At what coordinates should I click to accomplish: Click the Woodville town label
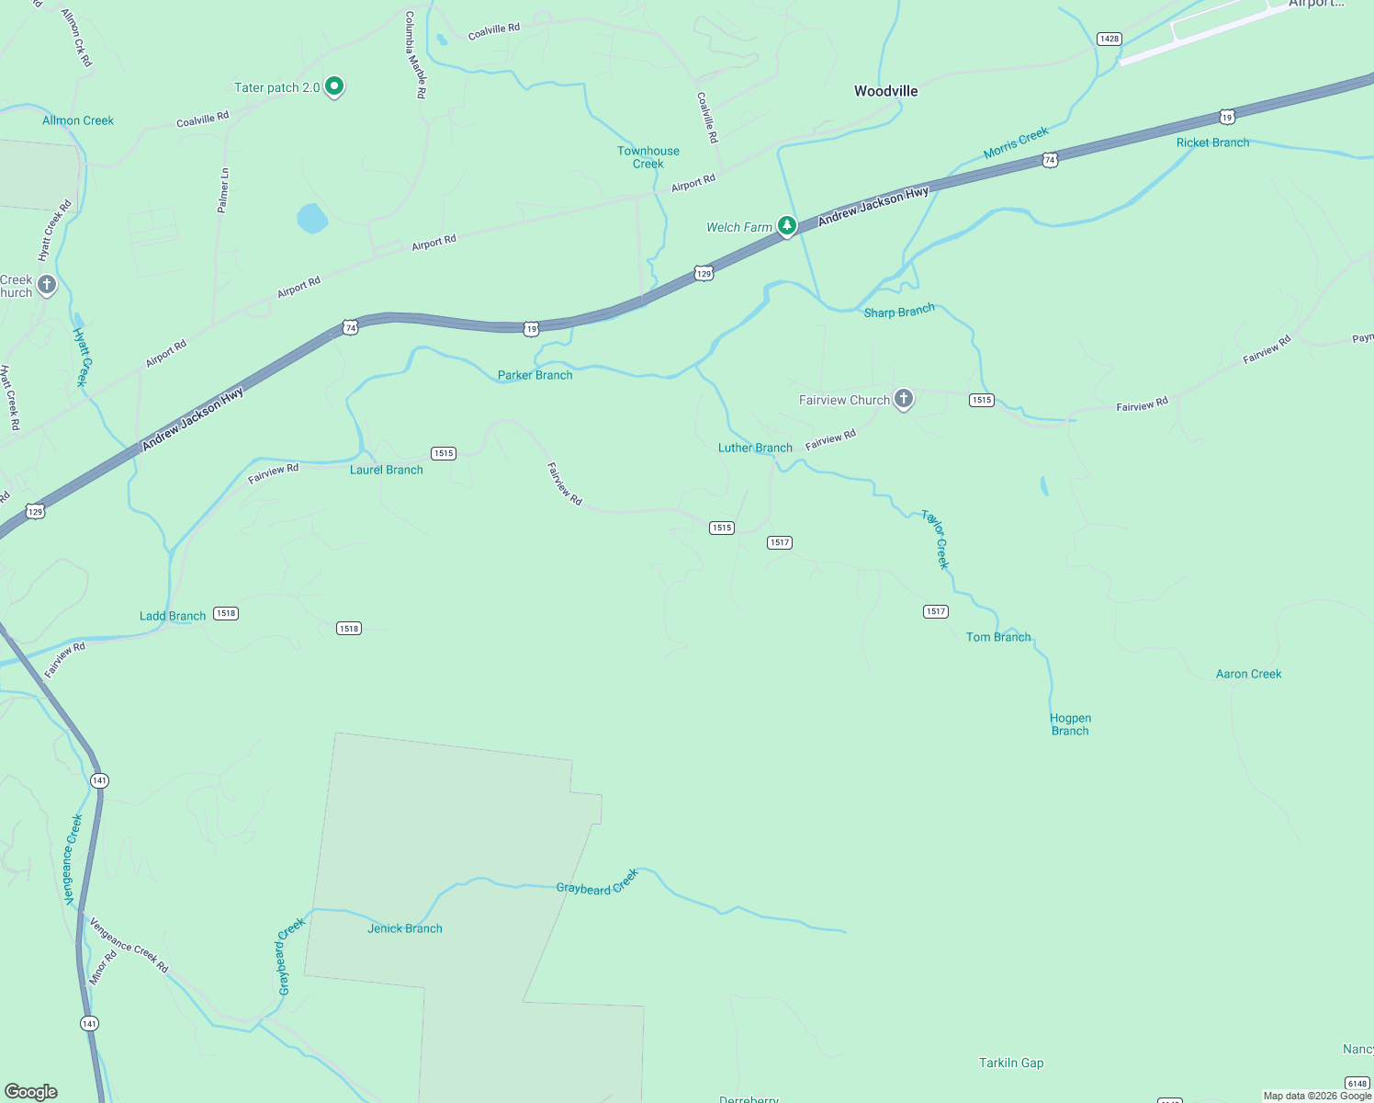[x=885, y=91]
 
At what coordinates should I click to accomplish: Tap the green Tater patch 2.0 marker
[x=334, y=86]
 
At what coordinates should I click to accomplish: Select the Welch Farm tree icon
[x=787, y=225]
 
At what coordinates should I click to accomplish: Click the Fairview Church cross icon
[x=904, y=399]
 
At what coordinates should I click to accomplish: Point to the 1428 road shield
[x=1109, y=39]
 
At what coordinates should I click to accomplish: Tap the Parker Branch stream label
[x=535, y=375]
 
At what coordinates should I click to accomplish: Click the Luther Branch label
[x=755, y=448]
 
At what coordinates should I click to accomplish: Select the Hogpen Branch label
[x=1070, y=724]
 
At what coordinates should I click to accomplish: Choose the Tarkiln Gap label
[x=1011, y=1063]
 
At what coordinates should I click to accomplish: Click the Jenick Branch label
[x=405, y=928]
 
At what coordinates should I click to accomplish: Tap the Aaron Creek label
[x=1248, y=674]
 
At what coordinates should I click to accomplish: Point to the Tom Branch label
[x=998, y=637]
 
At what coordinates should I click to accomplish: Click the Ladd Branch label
[x=173, y=616]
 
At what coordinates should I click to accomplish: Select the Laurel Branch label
[x=387, y=470]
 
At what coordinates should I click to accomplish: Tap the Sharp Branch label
[x=899, y=312]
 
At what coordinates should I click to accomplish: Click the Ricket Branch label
[x=1212, y=142]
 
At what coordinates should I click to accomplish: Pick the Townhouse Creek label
[x=648, y=157]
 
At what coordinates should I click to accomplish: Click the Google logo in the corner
[x=30, y=1091]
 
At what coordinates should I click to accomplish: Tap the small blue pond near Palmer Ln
[x=312, y=219]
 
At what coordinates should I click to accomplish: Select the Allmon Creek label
[x=78, y=120]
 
